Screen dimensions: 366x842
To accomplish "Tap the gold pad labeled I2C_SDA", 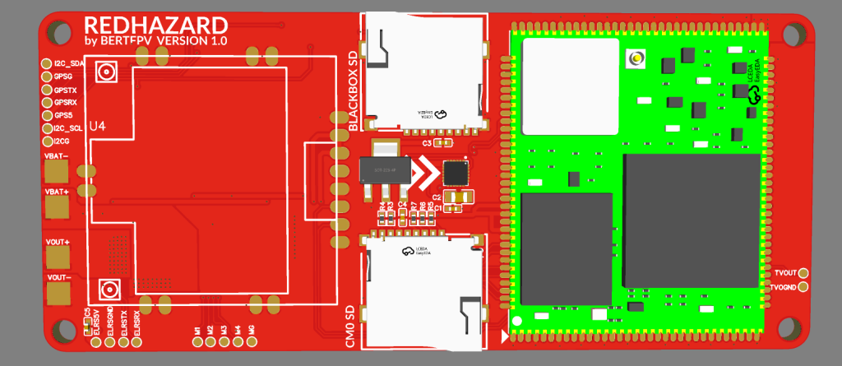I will [46, 63].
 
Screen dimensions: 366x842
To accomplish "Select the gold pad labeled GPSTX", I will [46, 89].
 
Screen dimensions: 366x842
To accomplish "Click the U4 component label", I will [97, 126].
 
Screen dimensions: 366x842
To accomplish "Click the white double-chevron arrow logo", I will [426, 174].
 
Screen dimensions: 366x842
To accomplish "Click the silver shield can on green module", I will [570, 86].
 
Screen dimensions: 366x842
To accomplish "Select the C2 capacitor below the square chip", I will [460, 197].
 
